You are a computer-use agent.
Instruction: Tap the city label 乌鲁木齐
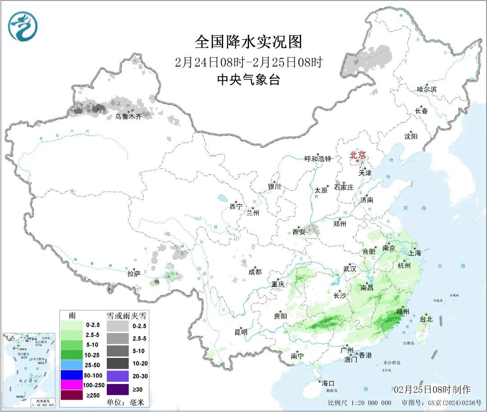(x=128, y=116)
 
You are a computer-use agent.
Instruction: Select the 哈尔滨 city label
(x=427, y=89)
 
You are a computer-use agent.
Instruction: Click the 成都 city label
(x=254, y=272)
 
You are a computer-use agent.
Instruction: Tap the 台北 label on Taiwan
(x=426, y=319)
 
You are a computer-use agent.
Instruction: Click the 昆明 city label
(x=241, y=332)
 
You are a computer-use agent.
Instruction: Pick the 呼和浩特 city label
(x=317, y=159)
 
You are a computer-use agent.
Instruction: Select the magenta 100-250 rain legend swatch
(x=71, y=385)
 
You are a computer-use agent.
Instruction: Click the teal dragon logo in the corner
(x=23, y=26)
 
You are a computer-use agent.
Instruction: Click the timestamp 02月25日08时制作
(x=432, y=389)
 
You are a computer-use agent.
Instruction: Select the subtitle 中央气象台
(x=248, y=80)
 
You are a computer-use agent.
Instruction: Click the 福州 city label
(x=402, y=311)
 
